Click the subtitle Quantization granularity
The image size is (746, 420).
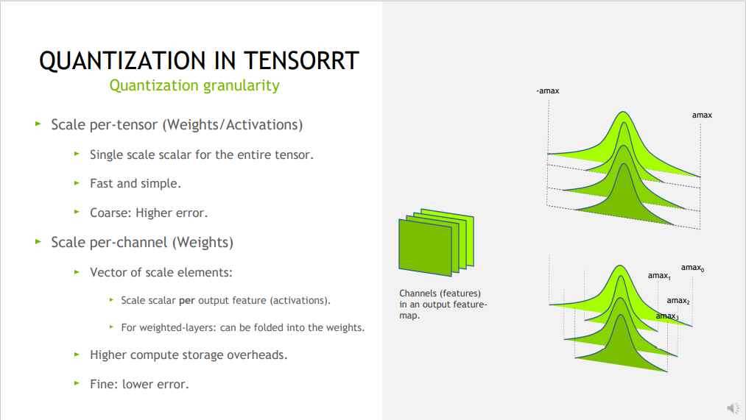point(194,85)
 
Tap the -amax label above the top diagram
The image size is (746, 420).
point(549,90)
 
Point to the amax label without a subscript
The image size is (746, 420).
point(702,115)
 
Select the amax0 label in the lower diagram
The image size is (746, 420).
point(692,268)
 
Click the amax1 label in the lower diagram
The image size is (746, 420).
point(659,276)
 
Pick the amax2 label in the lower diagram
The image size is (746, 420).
point(678,301)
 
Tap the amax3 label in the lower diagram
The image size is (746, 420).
point(667,316)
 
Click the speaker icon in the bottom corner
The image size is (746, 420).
point(733,407)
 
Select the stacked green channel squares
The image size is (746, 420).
point(435,241)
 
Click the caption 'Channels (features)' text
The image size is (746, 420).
point(440,293)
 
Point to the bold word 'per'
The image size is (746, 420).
point(186,301)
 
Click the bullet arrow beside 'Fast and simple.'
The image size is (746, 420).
point(77,183)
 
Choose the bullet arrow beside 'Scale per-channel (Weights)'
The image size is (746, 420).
point(38,241)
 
